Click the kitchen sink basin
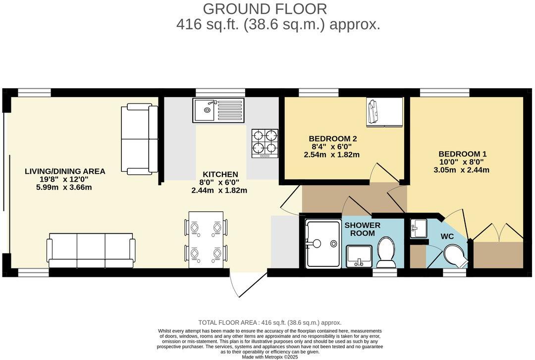(x=204, y=109)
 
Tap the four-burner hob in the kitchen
(x=265, y=143)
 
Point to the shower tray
(x=321, y=243)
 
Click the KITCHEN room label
(x=220, y=174)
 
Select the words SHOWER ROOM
(x=363, y=229)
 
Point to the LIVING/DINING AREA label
(x=65, y=171)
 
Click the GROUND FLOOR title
(x=265, y=9)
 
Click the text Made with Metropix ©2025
(x=270, y=357)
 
